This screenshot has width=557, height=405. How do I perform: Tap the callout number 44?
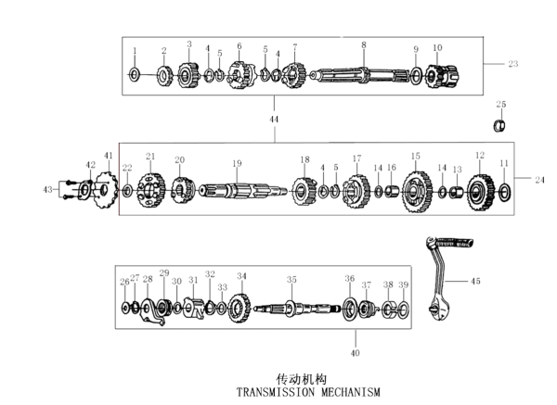tap(273, 120)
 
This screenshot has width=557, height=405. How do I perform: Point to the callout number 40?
tap(354, 352)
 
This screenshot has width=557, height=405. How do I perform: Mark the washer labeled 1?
tap(134, 73)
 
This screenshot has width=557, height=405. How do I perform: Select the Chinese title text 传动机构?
tap(303, 379)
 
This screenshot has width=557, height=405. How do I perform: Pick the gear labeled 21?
tap(149, 190)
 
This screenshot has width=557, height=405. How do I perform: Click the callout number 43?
tap(48, 189)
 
